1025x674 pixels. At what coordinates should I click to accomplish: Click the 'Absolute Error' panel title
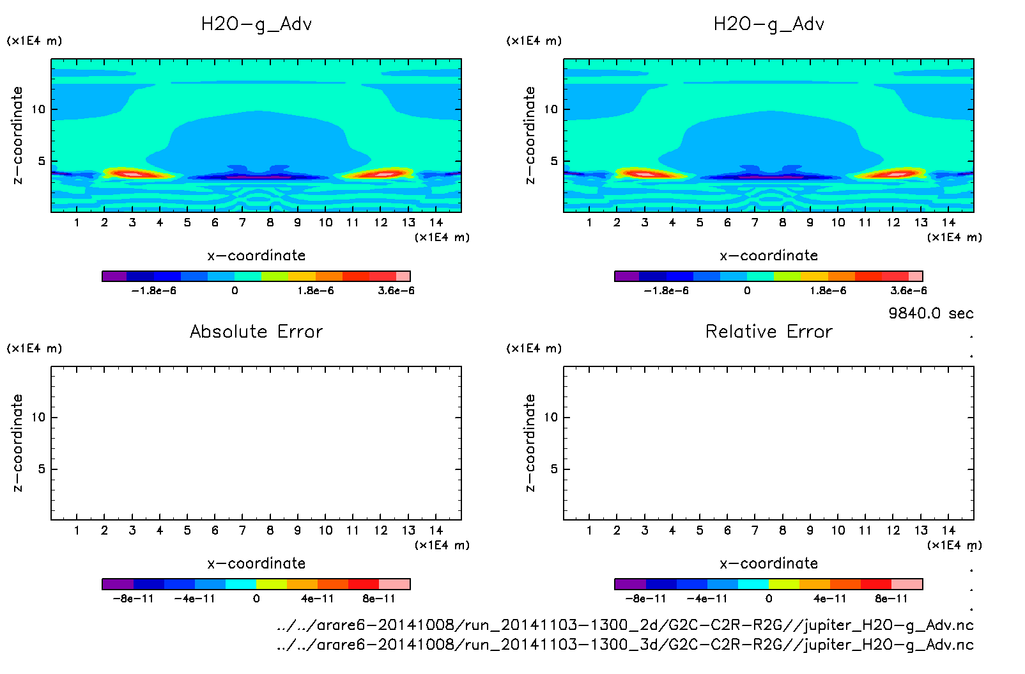pos(256,331)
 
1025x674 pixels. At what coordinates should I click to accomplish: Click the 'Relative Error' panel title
pos(769,331)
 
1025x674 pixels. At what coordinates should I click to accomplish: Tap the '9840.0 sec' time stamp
pos(930,313)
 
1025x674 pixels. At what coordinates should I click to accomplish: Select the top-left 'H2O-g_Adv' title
pos(256,24)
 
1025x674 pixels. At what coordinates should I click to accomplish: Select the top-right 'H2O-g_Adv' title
pos(769,24)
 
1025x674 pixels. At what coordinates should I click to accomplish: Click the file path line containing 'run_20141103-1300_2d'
pos(625,625)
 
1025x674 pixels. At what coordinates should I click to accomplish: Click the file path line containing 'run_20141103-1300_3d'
pos(625,645)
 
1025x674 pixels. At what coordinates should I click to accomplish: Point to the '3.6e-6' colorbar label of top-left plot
pos(396,291)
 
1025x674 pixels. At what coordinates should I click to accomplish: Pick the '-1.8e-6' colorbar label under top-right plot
pos(666,291)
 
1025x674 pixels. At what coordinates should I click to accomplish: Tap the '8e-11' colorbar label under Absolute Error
pos(379,599)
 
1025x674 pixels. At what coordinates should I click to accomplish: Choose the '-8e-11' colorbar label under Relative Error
pos(645,599)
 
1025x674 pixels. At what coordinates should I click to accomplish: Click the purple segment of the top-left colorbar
pos(114,276)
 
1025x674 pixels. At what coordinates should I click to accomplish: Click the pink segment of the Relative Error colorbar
pos(907,584)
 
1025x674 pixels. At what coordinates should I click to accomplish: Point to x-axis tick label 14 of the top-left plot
pos(436,223)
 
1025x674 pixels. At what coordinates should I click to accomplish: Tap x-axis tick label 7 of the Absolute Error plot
pos(242,530)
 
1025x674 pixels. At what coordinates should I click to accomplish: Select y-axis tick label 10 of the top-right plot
pos(551,109)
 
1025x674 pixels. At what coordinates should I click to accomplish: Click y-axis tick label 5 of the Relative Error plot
pos(554,469)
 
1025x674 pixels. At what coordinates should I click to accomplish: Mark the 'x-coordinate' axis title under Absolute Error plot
pos(256,563)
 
